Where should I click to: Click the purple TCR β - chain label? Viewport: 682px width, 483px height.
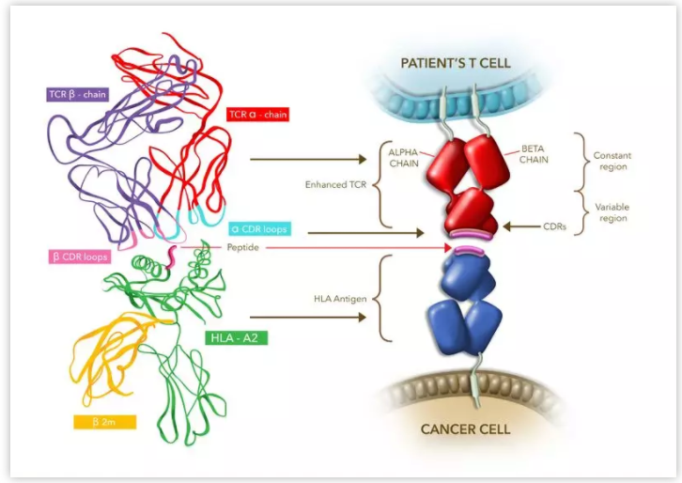pos(79,95)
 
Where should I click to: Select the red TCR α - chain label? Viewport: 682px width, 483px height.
pos(256,115)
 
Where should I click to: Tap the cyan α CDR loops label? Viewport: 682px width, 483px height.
pos(258,228)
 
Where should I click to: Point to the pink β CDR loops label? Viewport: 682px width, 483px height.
pos(81,256)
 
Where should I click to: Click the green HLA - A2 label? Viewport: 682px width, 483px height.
pos(236,335)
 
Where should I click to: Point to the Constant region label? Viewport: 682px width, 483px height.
pos(612,161)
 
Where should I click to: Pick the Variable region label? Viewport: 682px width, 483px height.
pos(612,211)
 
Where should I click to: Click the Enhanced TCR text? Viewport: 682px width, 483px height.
pos(336,184)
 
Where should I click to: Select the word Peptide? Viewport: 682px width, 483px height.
pos(242,247)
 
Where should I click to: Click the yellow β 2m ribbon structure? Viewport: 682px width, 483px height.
pos(106,356)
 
